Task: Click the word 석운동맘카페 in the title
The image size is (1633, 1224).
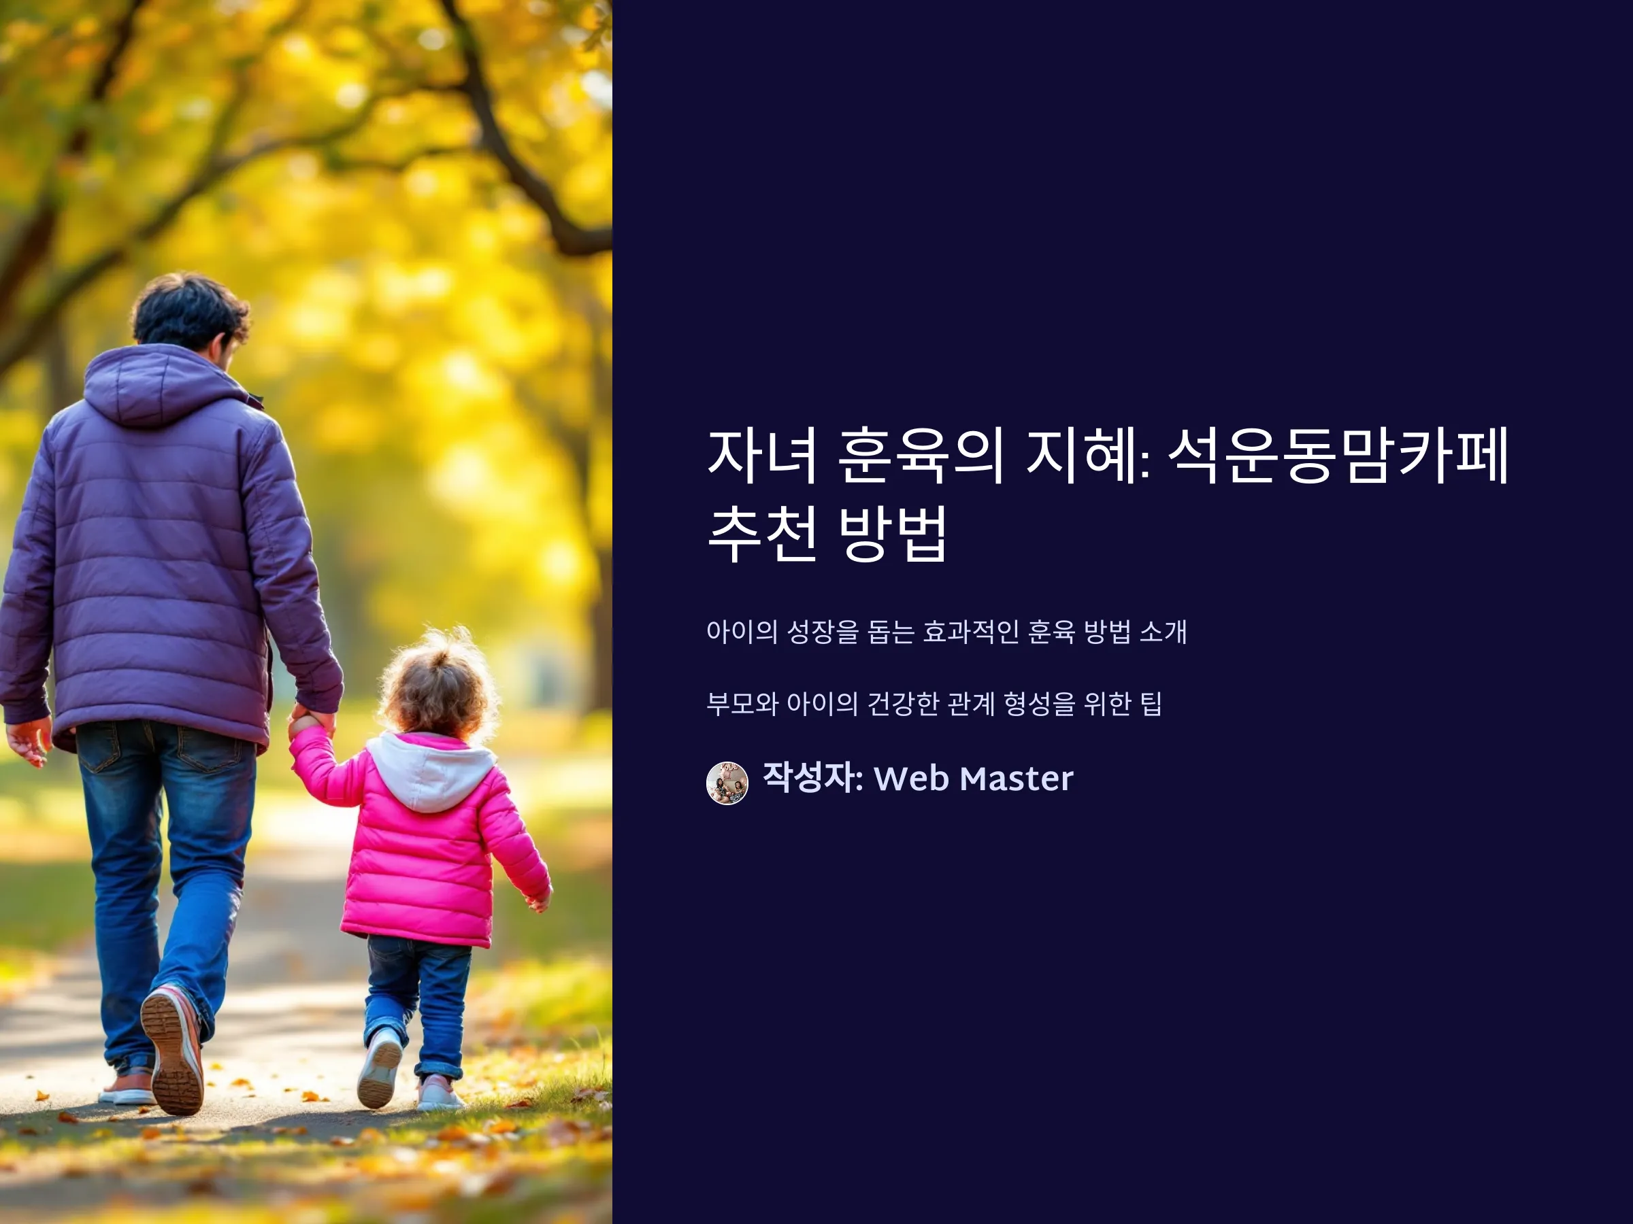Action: point(1338,456)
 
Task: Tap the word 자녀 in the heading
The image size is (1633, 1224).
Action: point(762,456)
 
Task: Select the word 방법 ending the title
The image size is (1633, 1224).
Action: point(893,533)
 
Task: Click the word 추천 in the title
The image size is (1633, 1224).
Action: point(762,533)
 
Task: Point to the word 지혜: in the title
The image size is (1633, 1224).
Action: point(1089,456)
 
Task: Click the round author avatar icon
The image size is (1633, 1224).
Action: point(727,783)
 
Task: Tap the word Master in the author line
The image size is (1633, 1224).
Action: point(1017,779)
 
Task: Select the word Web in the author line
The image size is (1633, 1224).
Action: point(911,779)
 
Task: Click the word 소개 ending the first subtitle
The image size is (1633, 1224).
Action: point(1163,632)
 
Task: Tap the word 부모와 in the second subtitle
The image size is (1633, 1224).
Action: point(742,704)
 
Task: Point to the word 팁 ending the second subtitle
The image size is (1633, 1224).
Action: point(1152,704)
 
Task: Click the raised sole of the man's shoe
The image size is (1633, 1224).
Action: point(171,1051)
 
